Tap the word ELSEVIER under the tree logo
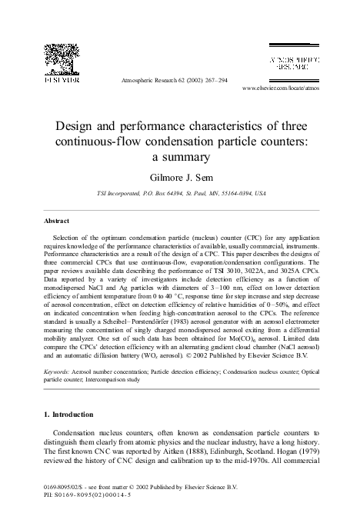[61, 79]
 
